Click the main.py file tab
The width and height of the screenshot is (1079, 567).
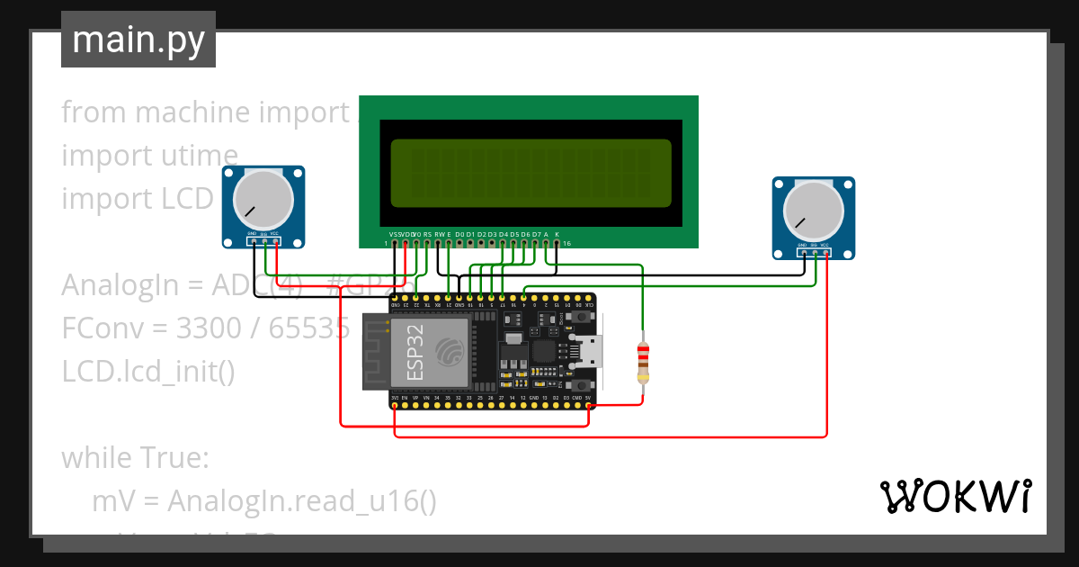click(x=138, y=40)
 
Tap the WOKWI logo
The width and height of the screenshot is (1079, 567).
click(x=954, y=496)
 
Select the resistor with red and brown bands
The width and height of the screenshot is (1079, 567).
click(x=642, y=361)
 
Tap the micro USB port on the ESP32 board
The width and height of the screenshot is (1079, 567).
click(x=590, y=351)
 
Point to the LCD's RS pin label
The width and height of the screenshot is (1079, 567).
click(x=427, y=234)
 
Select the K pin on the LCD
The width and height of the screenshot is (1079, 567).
click(x=557, y=234)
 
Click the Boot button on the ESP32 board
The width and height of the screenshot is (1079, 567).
click(x=583, y=318)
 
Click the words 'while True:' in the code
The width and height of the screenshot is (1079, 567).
click(x=135, y=458)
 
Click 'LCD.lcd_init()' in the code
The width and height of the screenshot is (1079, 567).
click(x=148, y=372)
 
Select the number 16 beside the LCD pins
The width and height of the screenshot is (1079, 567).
click(x=566, y=243)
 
